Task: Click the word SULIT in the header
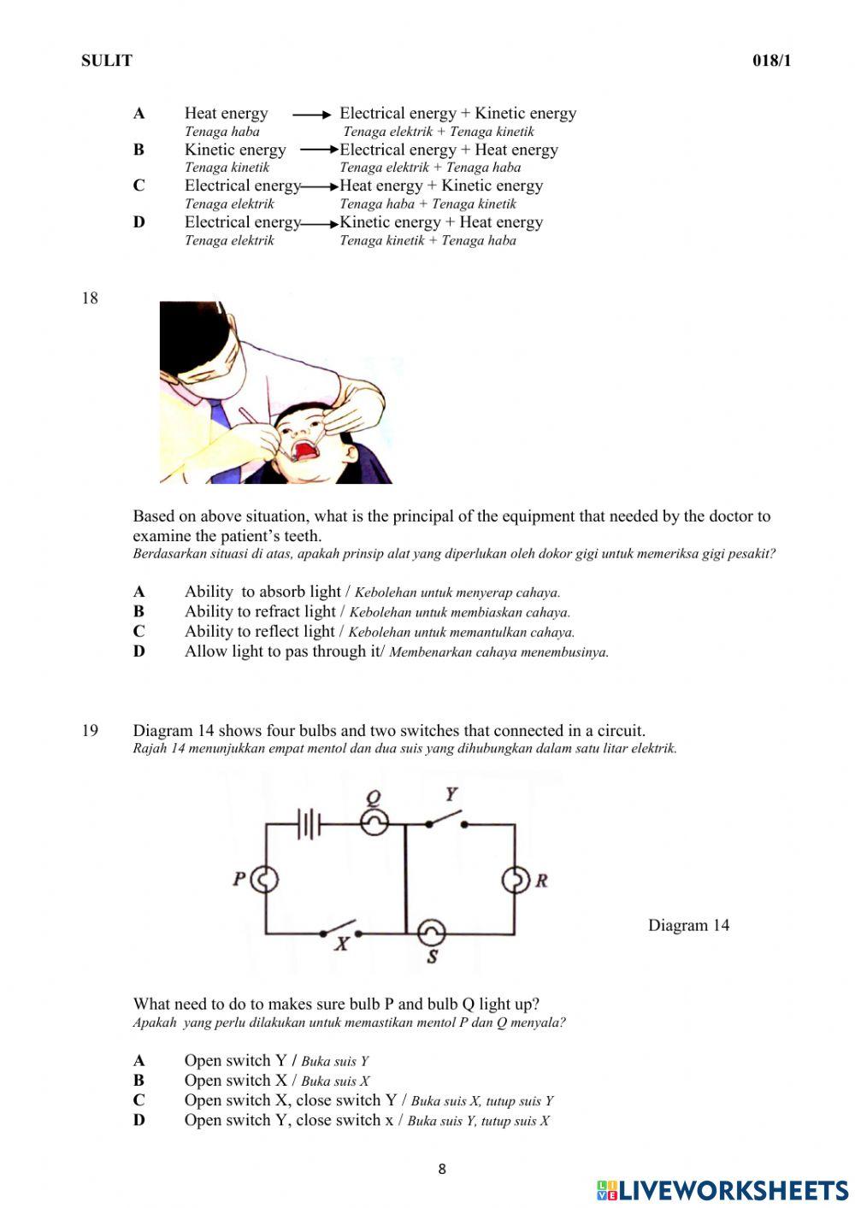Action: pyautogui.click(x=107, y=61)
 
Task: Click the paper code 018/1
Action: pyautogui.click(x=771, y=61)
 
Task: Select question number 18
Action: pyautogui.click(x=90, y=298)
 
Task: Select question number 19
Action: pyautogui.click(x=90, y=731)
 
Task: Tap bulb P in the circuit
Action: pyautogui.click(x=265, y=879)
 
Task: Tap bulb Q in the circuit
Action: pyautogui.click(x=374, y=822)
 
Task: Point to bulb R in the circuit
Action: pyautogui.click(x=515, y=880)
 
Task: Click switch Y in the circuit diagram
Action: pyautogui.click(x=445, y=819)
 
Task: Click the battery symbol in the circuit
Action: pyautogui.click(x=309, y=825)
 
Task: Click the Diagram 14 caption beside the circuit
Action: pyautogui.click(x=688, y=925)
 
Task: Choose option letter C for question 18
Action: pyautogui.click(x=139, y=632)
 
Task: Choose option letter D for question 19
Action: pyautogui.click(x=139, y=1120)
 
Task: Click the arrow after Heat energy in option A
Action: pyautogui.click(x=311, y=114)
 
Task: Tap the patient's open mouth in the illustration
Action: pyautogui.click(x=304, y=450)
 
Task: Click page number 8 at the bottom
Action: pyautogui.click(x=441, y=1170)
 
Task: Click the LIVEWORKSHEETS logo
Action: pyautogui.click(x=722, y=1190)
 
